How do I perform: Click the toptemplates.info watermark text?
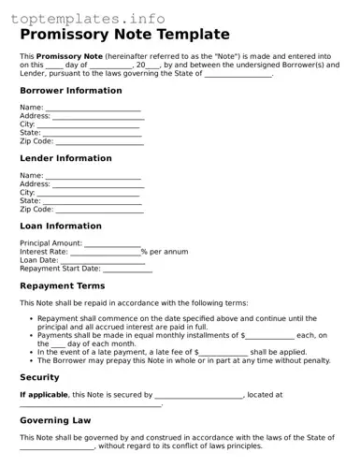(x=88, y=19)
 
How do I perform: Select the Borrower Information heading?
(x=71, y=91)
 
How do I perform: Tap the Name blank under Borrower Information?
(x=94, y=109)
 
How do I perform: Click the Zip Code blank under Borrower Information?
(x=100, y=143)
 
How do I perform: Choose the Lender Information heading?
(x=65, y=158)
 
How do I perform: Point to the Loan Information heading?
(x=61, y=226)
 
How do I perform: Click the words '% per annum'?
(x=165, y=252)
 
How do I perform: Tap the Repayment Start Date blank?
(x=127, y=270)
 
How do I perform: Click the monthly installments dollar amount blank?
(x=269, y=336)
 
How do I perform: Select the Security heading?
(x=39, y=377)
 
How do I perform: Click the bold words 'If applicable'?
(x=44, y=395)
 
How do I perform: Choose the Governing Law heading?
(x=55, y=420)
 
